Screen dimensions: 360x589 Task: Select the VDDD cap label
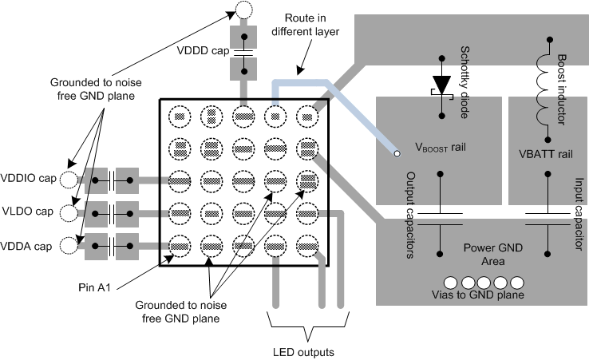(x=203, y=51)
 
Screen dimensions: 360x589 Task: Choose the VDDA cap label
(x=26, y=246)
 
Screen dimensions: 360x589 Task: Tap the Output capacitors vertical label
(x=410, y=216)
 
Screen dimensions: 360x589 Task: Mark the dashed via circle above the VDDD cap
(x=243, y=11)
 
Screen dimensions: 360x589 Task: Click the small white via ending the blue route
(x=395, y=152)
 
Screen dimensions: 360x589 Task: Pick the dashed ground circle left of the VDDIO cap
(x=70, y=180)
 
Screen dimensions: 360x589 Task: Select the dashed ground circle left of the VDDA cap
(x=70, y=245)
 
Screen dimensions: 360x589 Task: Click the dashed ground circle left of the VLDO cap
(x=70, y=212)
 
